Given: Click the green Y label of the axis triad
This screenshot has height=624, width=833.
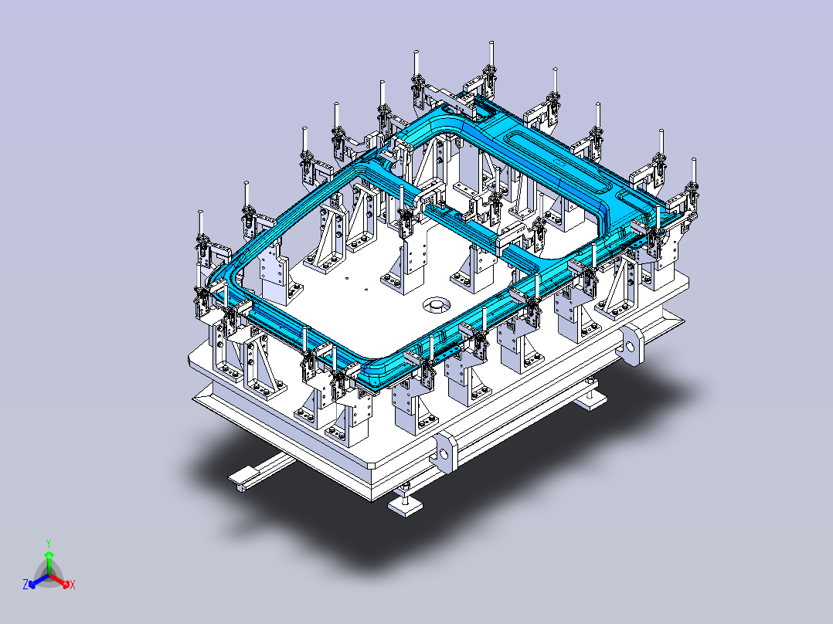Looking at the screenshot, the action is (x=49, y=543).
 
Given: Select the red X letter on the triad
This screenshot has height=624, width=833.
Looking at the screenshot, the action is (x=73, y=585).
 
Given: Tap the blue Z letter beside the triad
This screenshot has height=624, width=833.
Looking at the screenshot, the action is (x=25, y=584).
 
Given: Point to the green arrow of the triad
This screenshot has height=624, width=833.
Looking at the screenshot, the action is (x=49, y=562).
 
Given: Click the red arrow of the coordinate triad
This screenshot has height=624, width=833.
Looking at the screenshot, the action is (x=59, y=581).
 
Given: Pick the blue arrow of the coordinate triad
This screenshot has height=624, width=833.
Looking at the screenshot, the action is (x=39, y=580).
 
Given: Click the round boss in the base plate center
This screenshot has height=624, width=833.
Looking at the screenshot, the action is (x=437, y=304).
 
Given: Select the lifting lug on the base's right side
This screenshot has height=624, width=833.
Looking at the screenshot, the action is (x=631, y=346).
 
